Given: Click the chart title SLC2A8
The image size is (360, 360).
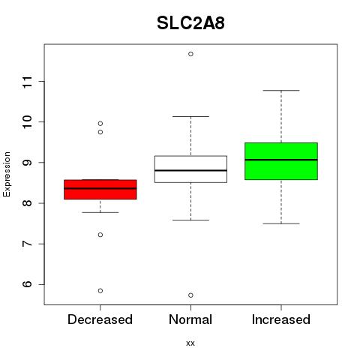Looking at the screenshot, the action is click(x=190, y=23).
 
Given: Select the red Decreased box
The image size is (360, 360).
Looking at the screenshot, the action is click(x=100, y=189).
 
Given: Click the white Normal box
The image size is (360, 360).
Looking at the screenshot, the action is click(x=190, y=169).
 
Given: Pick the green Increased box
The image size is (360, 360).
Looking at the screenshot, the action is click(x=281, y=161).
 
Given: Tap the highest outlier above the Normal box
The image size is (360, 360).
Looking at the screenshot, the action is click(x=190, y=54).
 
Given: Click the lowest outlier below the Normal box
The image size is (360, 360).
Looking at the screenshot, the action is click(x=190, y=295).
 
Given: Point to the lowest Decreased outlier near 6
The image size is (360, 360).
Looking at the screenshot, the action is click(x=100, y=290).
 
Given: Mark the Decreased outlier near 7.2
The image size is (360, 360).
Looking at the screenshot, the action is click(x=100, y=235).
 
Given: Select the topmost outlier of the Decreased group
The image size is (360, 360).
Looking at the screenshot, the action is click(x=100, y=124).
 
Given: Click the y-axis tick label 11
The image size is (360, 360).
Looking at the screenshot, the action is click(x=28, y=82).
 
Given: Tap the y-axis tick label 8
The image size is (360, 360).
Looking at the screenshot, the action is click(x=28, y=203).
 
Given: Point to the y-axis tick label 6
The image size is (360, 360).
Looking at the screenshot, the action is click(x=28, y=284).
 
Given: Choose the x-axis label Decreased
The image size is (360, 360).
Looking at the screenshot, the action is click(x=100, y=319).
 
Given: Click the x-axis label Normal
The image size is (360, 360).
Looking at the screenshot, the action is click(x=190, y=319).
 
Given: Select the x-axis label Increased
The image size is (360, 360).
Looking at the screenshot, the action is click(x=281, y=319).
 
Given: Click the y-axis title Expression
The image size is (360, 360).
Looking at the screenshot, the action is click(x=7, y=174).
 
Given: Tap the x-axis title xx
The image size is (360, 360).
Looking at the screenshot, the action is click(x=190, y=343).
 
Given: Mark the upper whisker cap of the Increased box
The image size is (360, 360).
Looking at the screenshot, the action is click(x=281, y=91).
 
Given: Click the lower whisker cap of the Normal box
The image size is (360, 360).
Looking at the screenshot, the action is click(x=190, y=220).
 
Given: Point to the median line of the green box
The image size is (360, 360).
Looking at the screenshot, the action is click(x=281, y=160).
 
